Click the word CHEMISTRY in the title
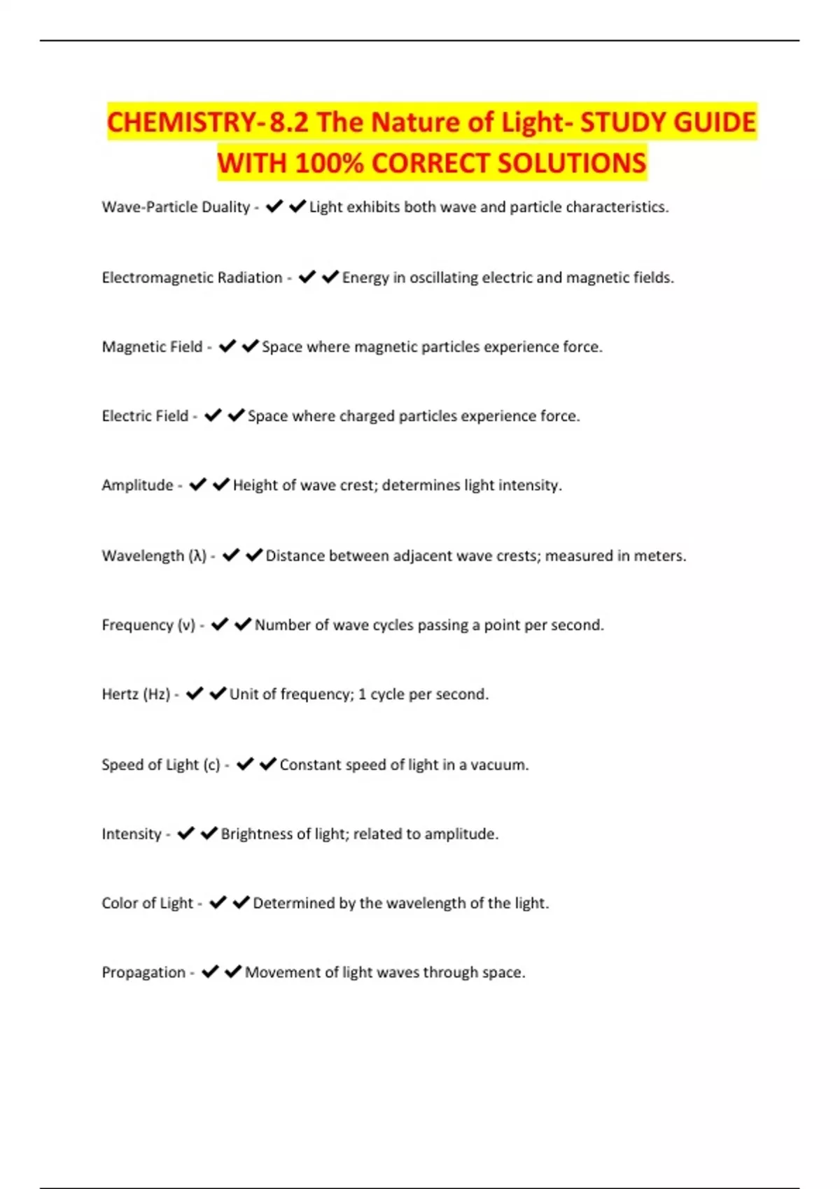181,122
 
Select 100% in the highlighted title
329,164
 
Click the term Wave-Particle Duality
176,207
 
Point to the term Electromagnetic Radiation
192,278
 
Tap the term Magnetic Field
152,347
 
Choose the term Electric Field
145,416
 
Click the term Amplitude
137,485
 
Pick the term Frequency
138,625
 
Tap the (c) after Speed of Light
211,765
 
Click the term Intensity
132,834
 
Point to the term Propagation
143,972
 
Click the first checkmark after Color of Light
218,902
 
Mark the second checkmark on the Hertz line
218,693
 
